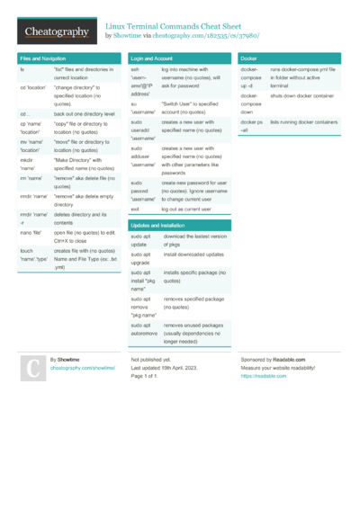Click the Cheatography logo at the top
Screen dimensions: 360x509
tap(56, 31)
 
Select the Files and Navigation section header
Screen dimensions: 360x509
tap(43, 58)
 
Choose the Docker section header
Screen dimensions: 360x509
tap(251, 58)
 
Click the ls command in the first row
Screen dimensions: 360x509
tap(22, 68)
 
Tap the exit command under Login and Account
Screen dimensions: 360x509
tap(135, 208)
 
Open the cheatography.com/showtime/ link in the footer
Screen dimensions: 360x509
tap(82, 368)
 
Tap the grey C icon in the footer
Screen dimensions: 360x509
tap(31, 368)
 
